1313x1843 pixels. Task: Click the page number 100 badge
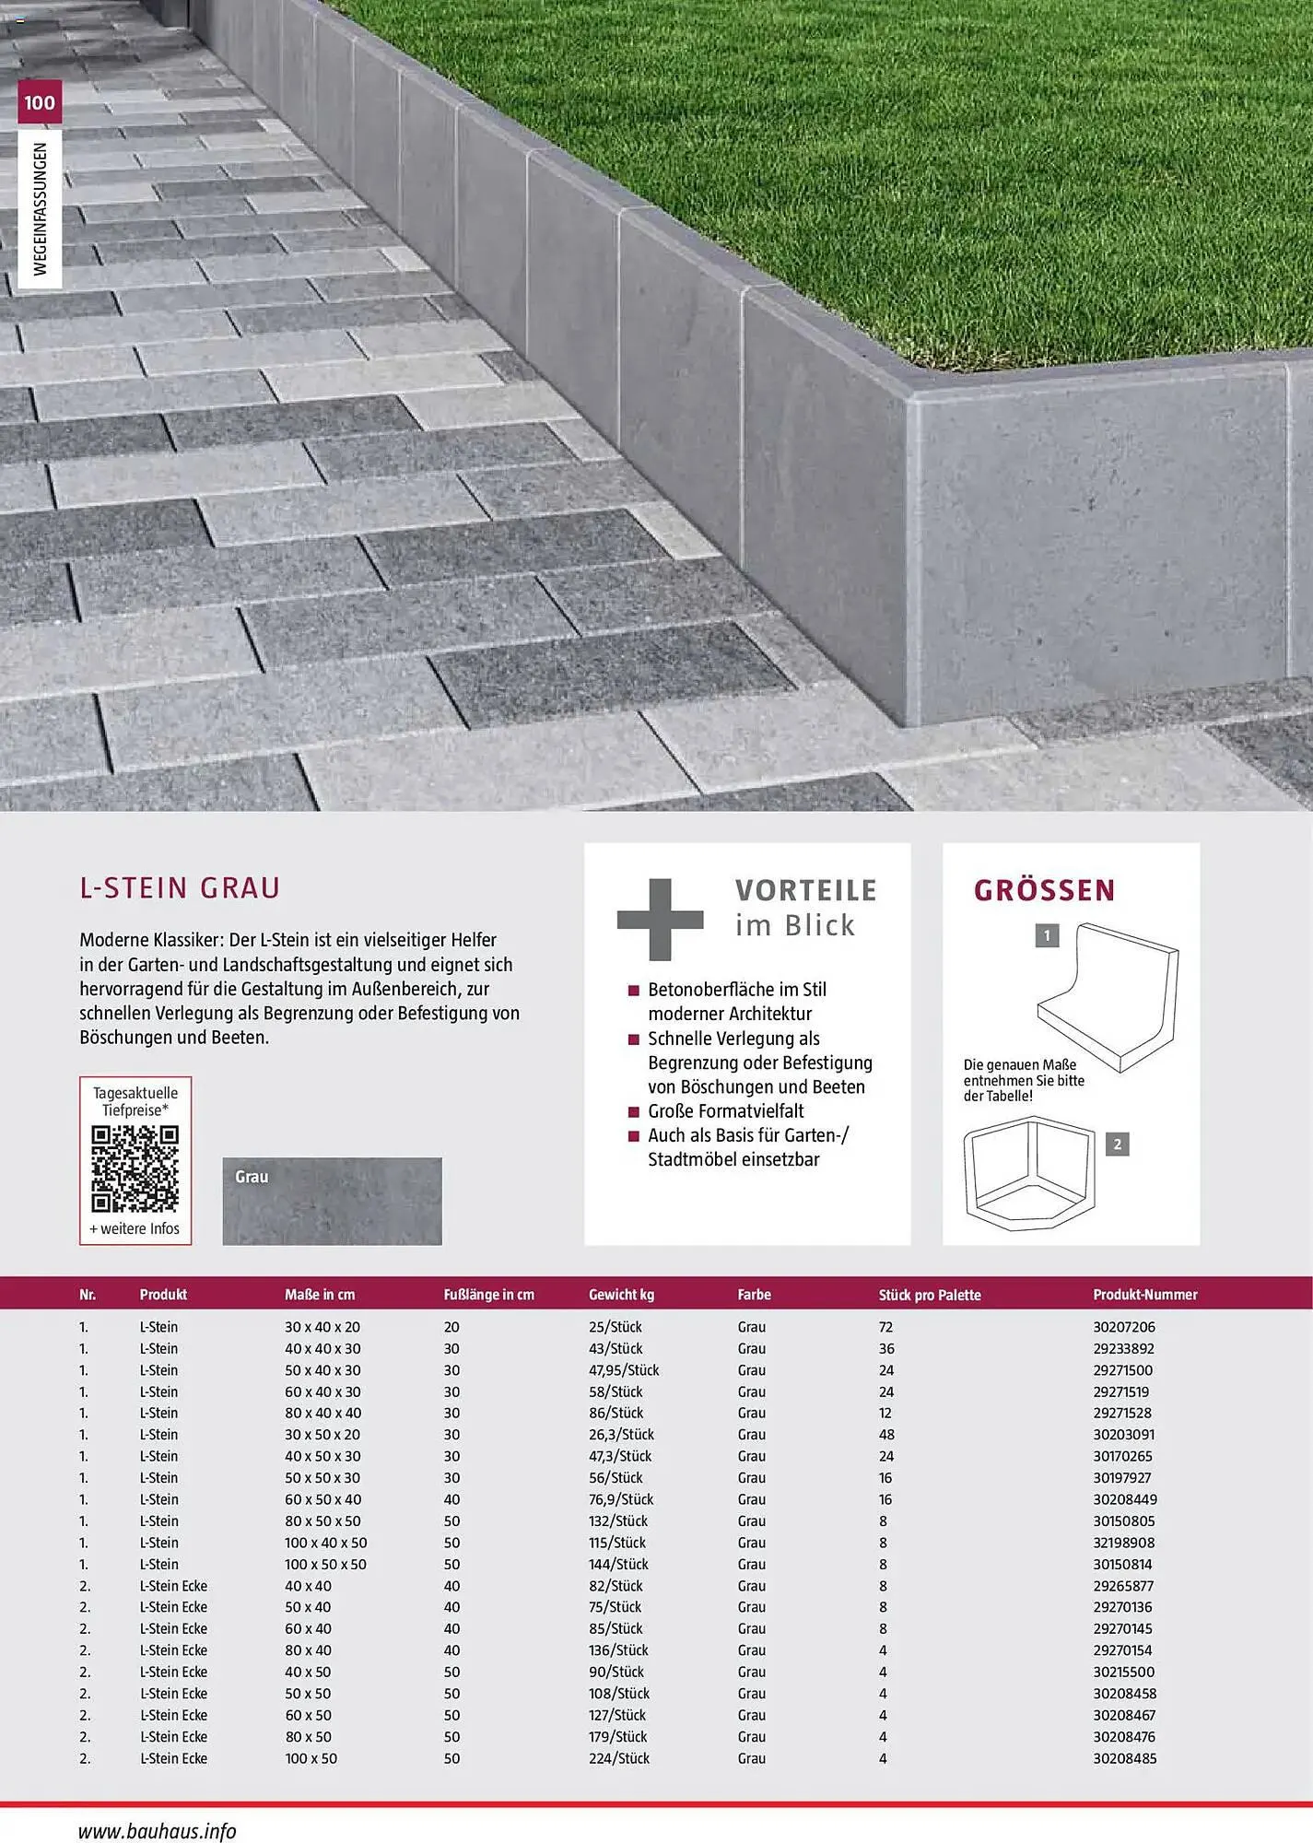[x=40, y=102]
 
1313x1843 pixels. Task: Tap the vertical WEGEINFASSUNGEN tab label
[x=40, y=208]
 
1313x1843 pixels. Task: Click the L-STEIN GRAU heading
[x=180, y=887]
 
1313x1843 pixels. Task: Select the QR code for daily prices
[x=135, y=1168]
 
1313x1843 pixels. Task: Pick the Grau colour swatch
[x=332, y=1201]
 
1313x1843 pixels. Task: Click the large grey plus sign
[x=660, y=919]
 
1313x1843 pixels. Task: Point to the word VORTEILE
[x=805, y=890]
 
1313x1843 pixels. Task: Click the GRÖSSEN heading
[x=1044, y=890]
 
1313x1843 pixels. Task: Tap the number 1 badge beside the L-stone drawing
[x=1047, y=936]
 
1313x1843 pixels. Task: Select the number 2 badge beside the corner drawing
[x=1117, y=1145]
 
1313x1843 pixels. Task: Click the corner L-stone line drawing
[x=1031, y=1172]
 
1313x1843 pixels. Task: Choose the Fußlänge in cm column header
[x=488, y=1295]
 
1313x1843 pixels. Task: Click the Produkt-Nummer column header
[x=1144, y=1295]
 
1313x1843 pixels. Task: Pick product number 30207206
[x=1123, y=1327]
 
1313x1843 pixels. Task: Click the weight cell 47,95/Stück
[x=624, y=1370]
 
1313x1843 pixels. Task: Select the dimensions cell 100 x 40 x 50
[x=325, y=1543]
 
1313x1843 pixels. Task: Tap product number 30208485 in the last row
[x=1124, y=1758]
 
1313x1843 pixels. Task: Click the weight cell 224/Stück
[x=618, y=1758]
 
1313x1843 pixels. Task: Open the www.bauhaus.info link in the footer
[x=157, y=1831]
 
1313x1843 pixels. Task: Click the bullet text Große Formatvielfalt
[x=725, y=1111]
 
